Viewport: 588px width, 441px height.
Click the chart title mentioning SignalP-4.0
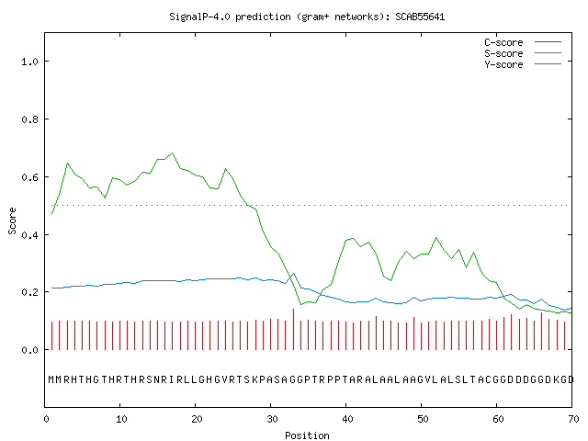[307, 17]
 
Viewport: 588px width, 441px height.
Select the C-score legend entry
[523, 42]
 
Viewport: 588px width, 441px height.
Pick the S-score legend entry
[523, 53]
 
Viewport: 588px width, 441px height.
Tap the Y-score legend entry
[523, 64]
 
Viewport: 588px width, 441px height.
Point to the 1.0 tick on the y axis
[30, 62]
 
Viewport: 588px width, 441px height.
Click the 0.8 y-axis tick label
[30, 119]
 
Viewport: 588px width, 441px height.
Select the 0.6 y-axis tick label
[30, 177]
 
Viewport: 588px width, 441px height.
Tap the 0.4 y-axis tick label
[30, 235]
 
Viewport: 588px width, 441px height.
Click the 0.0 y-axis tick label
[30, 350]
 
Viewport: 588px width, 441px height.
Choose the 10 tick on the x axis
[121, 419]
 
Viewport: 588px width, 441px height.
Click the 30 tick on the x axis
[272, 419]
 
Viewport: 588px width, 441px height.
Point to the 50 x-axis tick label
[423, 419]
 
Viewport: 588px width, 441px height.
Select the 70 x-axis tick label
[573, 419]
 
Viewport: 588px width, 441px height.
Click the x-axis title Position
[307, 435]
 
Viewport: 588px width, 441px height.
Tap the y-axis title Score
[12, 220]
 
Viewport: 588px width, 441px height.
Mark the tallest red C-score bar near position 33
[293, 329]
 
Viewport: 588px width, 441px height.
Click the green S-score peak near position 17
[173, 153]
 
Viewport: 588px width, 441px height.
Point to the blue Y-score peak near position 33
[293, 274]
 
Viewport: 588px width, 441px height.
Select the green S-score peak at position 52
[435, 238]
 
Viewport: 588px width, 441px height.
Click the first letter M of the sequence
[51, 379]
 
